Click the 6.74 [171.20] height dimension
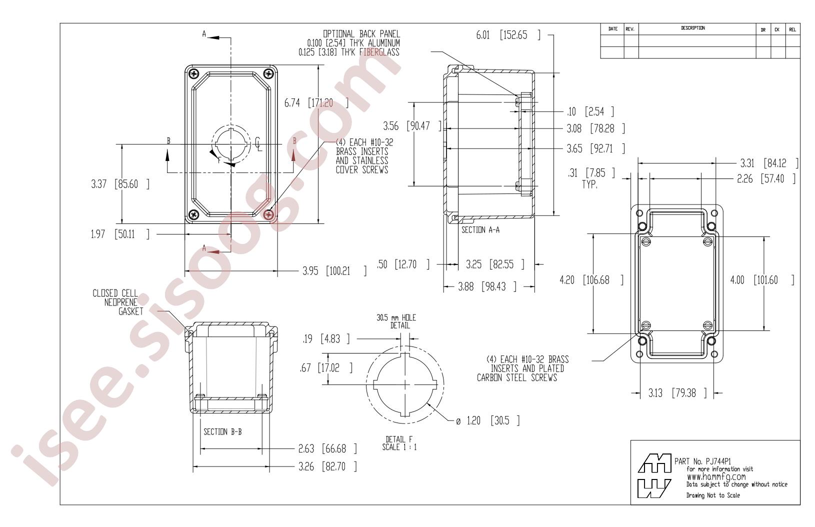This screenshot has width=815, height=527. click(x=316, y=103)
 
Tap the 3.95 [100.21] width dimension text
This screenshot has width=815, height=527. click(x=334, y=271)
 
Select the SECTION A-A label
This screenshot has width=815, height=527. click(x=480, y=230)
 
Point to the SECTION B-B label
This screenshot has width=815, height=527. click(x=222, y=432)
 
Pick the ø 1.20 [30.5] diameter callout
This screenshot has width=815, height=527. click(x=487, y=421)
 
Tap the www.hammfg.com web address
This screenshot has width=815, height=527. click(x=716, y=477)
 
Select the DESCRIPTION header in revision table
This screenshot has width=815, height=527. click(x=693, y=28)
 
